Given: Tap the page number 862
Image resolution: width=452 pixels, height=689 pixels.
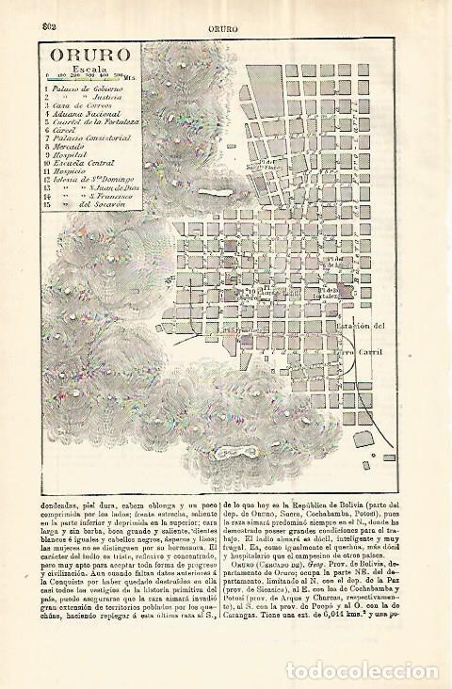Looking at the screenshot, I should [x=40, y=12].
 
